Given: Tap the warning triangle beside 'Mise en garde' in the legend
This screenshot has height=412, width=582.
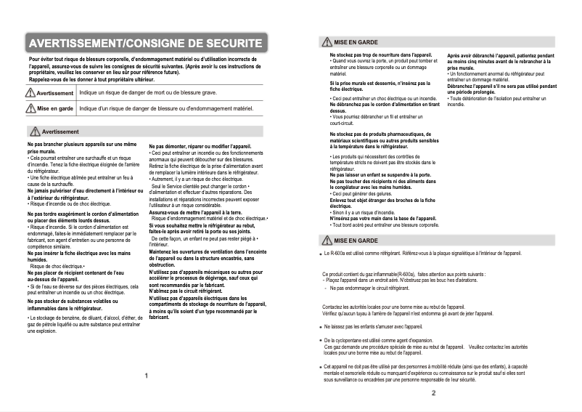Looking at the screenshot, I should click(x=30, y=108).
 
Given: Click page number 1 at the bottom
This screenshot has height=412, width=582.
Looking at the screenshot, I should click(x=146, y=376).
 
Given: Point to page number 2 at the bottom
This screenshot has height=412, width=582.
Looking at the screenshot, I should click(x=433, y=393).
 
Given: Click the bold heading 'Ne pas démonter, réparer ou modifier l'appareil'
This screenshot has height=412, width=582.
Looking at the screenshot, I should click(x=200, y=147).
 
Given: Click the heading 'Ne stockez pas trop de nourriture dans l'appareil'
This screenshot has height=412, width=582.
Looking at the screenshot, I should click(x=382, y=55).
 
